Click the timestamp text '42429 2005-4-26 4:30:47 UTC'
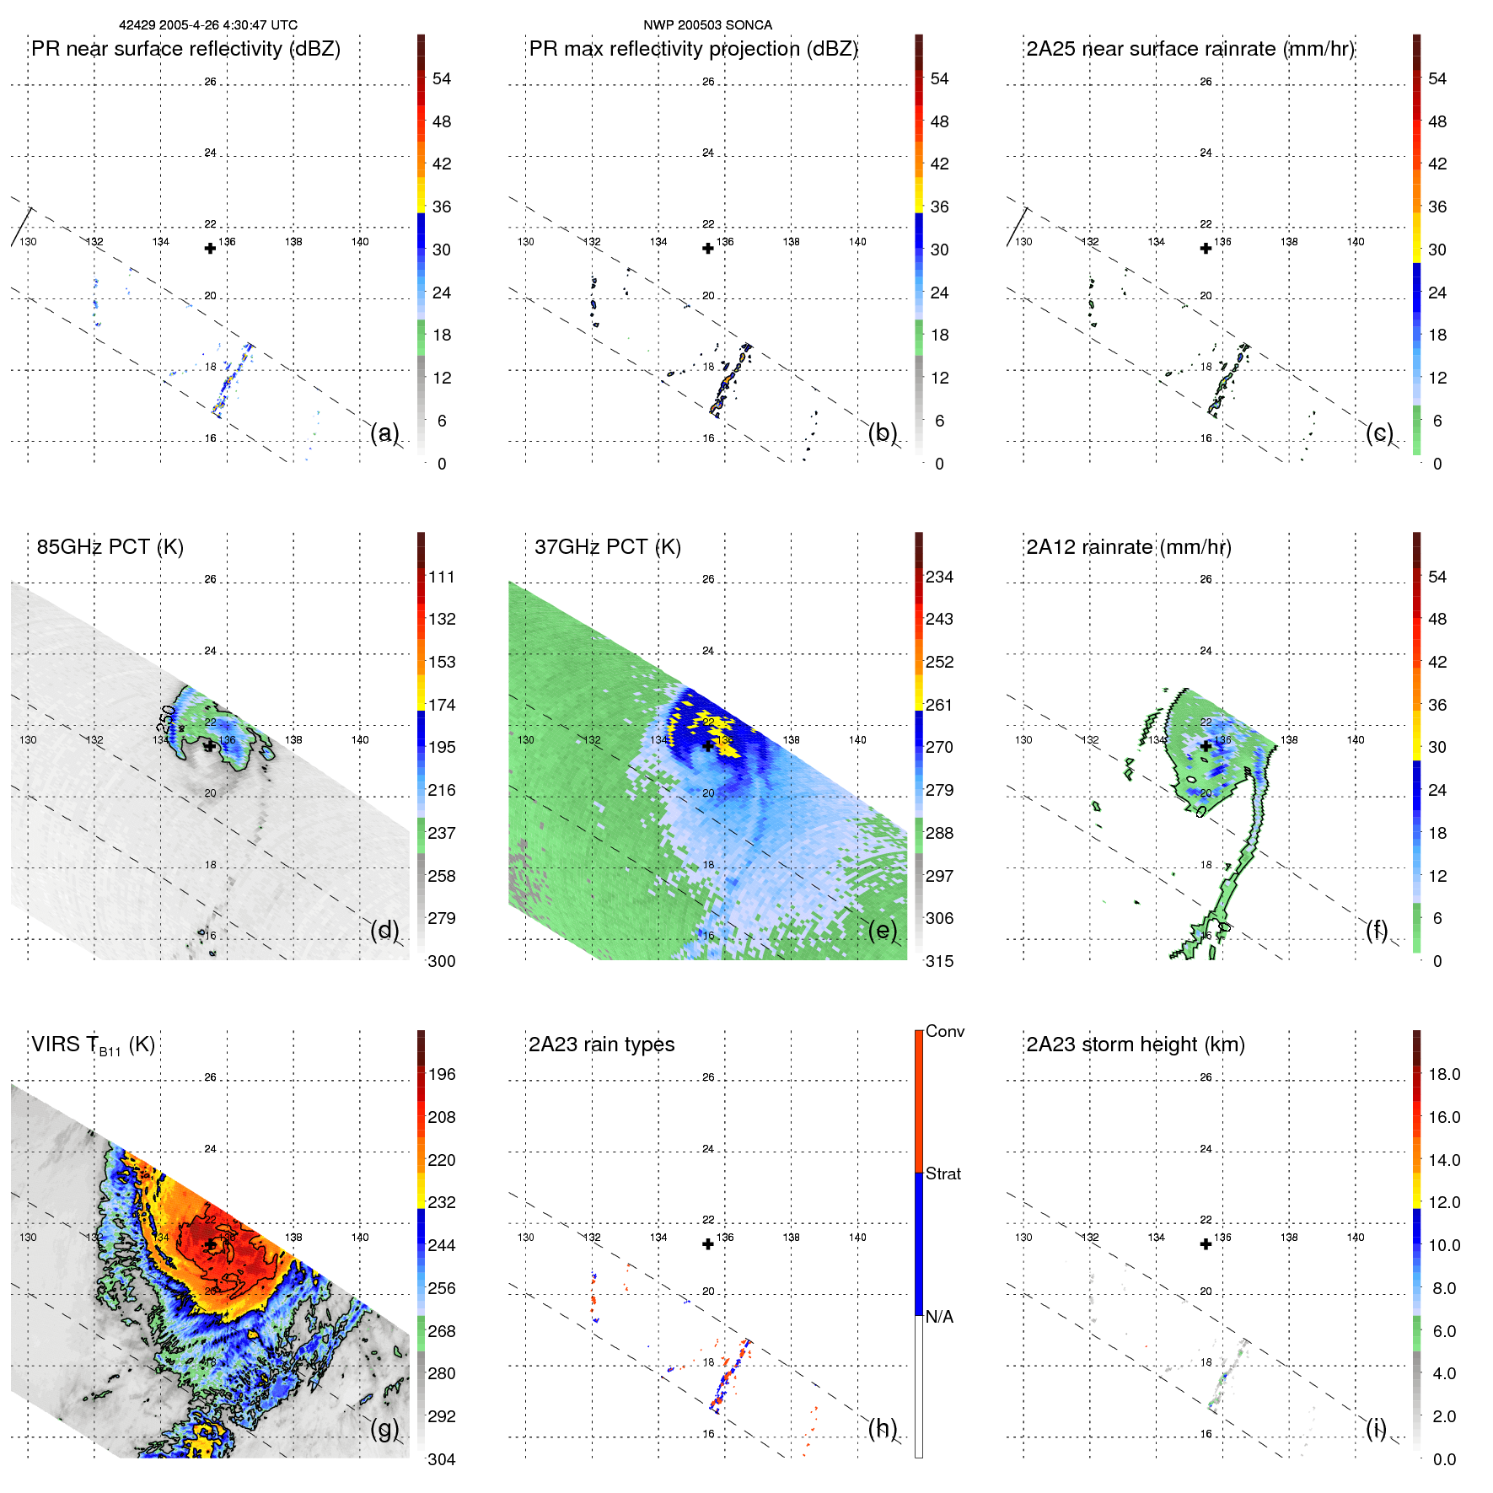[208, 25]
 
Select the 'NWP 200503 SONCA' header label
[707, 25]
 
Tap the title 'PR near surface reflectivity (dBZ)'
[185, 49]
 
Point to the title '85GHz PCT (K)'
[110, 546]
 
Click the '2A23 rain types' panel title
[601, 1045]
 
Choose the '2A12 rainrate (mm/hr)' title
[1128, 546]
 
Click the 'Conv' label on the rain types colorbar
[944, 1031]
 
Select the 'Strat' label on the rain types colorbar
[943, 1173]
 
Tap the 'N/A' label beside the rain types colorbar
[939, 1317]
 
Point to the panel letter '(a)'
[384, 432]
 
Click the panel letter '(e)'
[882, 930]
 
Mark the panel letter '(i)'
[1376, 1428]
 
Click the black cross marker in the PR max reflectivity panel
[708, 248]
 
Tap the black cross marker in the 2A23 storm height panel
[1206, 1243]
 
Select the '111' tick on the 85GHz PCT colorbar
[441, 577]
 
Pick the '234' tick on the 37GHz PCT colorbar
[939, 577]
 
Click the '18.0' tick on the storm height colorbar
[1444, 1074]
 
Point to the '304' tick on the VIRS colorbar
[441, 1459]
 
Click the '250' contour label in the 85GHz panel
[166, 719]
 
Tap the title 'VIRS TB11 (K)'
[93, 1045]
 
